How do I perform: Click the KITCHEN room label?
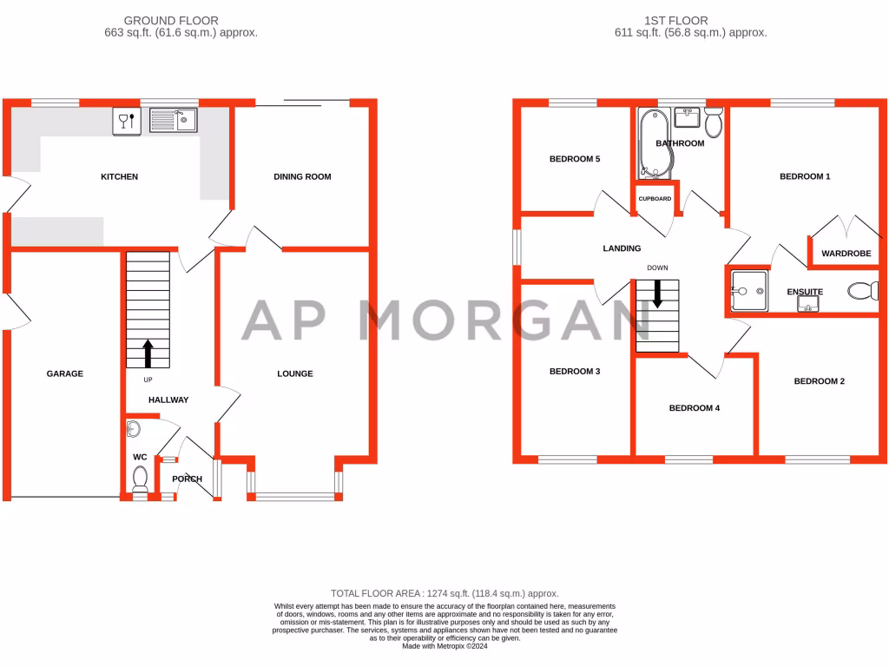(119, 177)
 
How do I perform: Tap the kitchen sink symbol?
(174, 120)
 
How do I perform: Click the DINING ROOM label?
(302, 177)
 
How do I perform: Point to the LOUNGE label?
(294, 374)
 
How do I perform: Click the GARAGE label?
(65, 374)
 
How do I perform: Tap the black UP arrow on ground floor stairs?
(147, 353)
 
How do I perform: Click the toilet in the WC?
(139, 478)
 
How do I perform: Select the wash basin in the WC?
(132, 428)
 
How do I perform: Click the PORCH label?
(188, 479)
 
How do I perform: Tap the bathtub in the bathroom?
(648, 144)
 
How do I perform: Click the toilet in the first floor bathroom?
(714, 124)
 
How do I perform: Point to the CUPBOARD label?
(655, 199)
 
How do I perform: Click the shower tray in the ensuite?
(748, 289)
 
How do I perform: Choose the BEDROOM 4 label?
(694, 408)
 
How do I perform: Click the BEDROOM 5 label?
(575, 160)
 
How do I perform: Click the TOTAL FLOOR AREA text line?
(444, 593)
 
